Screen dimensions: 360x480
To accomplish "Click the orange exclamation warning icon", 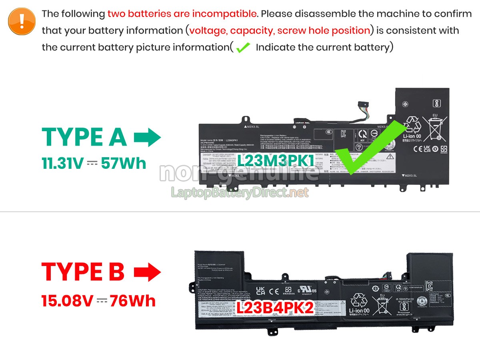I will (22, 21).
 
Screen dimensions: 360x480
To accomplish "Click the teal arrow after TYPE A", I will (147, 138).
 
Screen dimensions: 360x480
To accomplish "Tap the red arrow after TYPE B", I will (147, 272).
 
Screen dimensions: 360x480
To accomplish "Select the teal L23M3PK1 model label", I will (276, 160).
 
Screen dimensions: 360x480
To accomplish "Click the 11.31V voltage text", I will (62, 163).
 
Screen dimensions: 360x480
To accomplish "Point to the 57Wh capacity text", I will (124, 163).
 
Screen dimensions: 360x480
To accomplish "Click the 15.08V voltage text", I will (67, 300).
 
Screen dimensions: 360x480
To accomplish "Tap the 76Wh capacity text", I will (133, 300).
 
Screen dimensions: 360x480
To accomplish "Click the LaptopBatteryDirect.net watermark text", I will (240, 193).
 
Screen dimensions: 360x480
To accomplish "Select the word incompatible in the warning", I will (224, 14).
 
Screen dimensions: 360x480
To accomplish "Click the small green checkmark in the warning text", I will (243, 48).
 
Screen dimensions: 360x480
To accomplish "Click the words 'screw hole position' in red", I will (324, 30).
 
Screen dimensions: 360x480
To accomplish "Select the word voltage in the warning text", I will (206, 30).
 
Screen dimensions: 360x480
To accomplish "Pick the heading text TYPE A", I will (84, 138).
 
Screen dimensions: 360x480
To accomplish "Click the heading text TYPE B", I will (83, 272).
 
